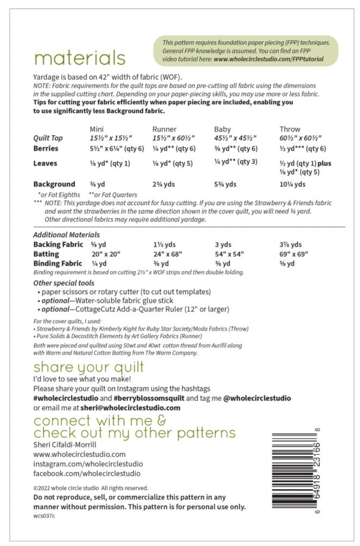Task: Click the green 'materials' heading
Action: [80, 58]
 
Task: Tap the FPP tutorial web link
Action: [268, 59]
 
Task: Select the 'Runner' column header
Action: [164, 129]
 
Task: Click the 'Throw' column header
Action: [290, 129]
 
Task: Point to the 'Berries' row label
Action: [46, 148]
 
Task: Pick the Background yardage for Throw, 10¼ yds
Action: [292, 184]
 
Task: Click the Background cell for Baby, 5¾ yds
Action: [225, 184]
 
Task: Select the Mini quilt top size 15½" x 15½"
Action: [111, 138]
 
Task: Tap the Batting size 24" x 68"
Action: [168, 254]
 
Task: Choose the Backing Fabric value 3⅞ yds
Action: [291, 245]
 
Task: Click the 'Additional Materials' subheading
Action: [67, 235]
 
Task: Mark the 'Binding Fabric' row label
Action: [58, 263]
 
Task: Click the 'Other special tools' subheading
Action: [64, 283]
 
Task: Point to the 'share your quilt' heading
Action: [88, 367]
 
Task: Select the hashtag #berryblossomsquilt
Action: [149, 398]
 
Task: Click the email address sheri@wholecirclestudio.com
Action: [130, 408]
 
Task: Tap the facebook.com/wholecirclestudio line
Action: [87, 473]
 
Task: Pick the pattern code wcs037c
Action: [44, 516]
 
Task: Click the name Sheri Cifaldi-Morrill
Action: [65, 445]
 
